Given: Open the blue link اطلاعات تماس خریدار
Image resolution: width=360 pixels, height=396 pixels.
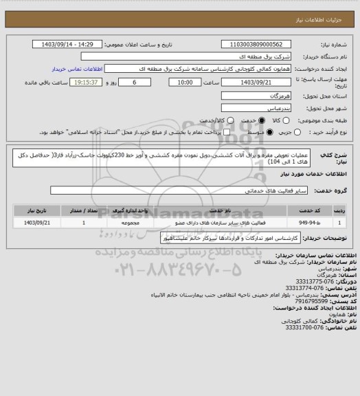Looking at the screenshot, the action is coord(77,69).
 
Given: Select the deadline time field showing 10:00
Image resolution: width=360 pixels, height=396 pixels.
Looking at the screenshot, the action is coord(185,82).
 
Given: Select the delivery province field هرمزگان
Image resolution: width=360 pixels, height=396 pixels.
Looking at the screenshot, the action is coord(254,94).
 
